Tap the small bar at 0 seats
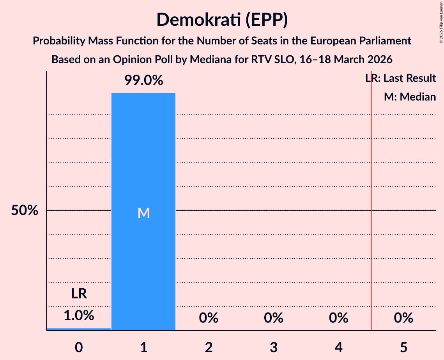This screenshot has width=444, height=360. click(79, 329)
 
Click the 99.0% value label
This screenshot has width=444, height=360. click(143, 81)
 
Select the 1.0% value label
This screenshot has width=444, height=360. click(79, 315)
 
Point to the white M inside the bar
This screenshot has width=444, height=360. click(143, 213)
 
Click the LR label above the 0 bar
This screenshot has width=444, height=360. click(79, 293)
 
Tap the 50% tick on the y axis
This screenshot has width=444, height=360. click(25, 211)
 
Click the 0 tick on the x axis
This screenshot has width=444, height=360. click(79, 347)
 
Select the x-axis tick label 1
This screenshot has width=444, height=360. click(144, 347)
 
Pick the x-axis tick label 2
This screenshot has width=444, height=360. click(209, 347)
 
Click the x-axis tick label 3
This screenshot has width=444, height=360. click(274, 347)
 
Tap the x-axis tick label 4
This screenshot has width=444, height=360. click(338, 347)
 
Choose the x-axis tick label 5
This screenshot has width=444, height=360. click(403, 347)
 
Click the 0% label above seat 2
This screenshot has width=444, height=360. click(209, 318)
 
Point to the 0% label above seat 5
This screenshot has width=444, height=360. click(403, 318)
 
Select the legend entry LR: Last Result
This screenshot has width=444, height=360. click(400, 78)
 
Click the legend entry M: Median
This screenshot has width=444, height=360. click(410, 97)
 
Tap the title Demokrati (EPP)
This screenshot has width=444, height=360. click(222, 20)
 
